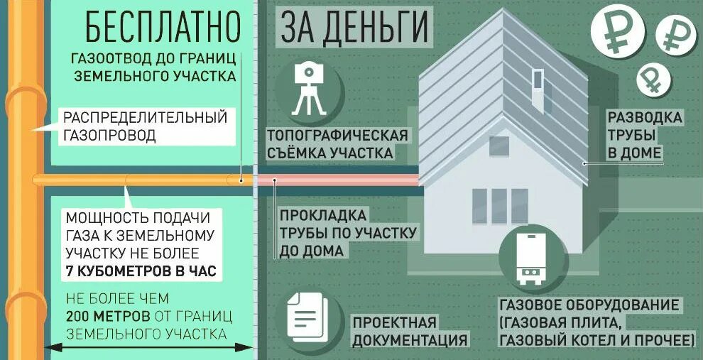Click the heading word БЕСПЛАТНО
(x=163, y=26)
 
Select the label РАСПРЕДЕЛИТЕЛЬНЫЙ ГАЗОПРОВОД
(x=145, y=126)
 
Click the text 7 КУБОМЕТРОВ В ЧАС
(x=140, y=271)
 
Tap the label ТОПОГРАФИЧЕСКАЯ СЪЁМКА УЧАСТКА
(x=337, y=144)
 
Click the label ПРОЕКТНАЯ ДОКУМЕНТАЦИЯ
(x=410, y=332)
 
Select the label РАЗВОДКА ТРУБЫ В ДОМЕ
(x=635, y=134)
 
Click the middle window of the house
(x=500, y=206)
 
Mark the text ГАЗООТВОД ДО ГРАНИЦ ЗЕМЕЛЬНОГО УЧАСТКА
(x=153, y=66)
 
